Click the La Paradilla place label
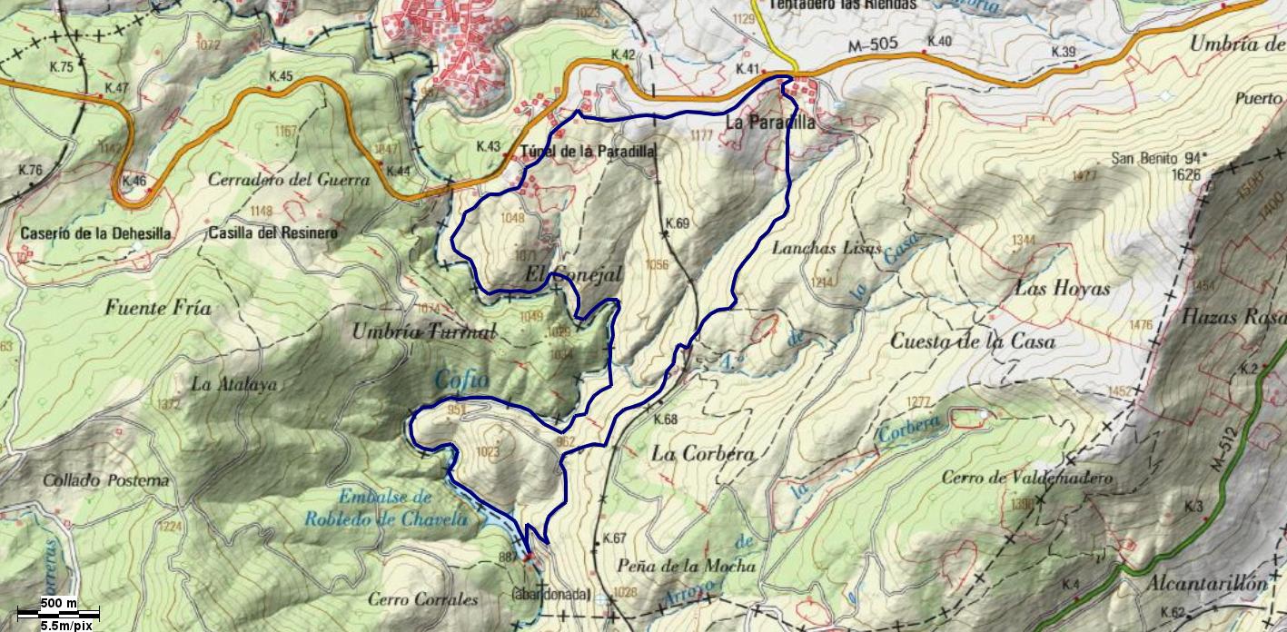coord(770,121)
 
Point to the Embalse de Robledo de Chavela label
coord(403,509)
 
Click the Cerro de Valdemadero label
coord(1026,478)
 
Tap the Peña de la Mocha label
coord(686,566)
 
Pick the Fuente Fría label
coord(158,309)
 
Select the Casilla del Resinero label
coord(272,233)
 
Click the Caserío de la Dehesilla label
coord(95,233)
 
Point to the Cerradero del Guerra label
coord(289,180)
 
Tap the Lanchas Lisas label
coord(827,248)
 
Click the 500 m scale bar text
coord(58,604)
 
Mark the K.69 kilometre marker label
coord(678,223)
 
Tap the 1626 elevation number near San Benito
coord(1186,174)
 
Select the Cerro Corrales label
coord(423,599)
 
